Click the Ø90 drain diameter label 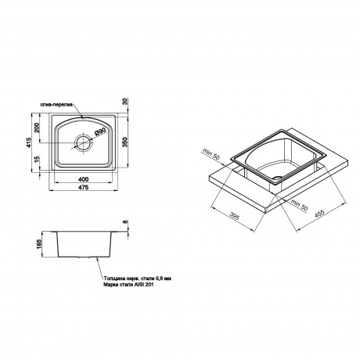click(x=99, y=133)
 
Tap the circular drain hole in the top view click(x=82, y=144)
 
